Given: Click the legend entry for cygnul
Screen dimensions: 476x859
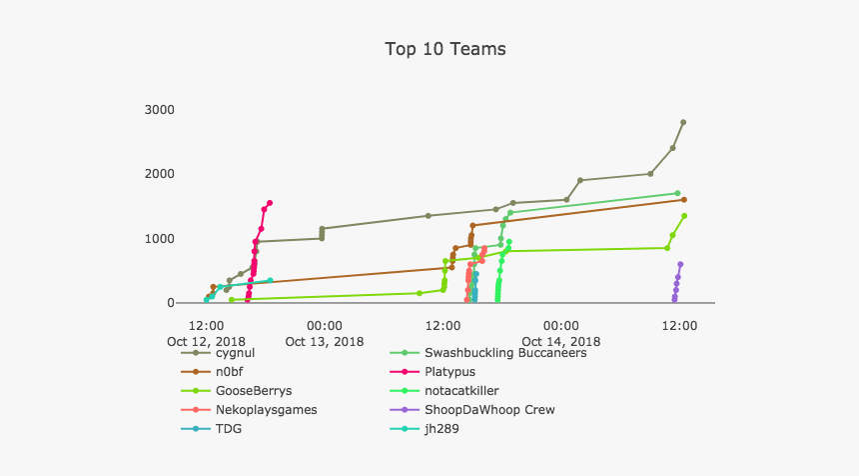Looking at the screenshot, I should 235,353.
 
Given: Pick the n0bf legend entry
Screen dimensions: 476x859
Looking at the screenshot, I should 231,372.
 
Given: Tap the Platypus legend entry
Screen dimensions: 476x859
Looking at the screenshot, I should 451,372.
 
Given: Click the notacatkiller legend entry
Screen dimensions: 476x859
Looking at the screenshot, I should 461,391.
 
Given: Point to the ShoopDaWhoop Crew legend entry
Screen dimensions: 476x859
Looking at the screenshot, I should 488,410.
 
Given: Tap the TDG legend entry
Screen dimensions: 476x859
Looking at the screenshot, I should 229,429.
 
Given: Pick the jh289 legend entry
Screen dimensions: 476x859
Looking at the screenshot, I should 443,429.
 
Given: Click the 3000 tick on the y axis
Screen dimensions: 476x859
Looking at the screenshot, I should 159,110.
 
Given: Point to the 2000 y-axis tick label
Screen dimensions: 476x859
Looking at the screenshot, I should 159,174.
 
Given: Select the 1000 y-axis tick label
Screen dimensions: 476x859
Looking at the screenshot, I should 159,239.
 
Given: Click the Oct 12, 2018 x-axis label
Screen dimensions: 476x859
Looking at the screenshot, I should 206,341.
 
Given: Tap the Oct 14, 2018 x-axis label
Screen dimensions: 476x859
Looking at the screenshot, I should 560,341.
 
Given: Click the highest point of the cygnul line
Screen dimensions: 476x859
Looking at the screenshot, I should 683,122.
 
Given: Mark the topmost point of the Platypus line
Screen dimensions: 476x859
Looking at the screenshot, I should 270,203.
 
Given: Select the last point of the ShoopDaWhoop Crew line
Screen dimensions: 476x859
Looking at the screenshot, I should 680,264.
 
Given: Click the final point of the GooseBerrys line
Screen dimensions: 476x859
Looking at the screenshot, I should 684,216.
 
